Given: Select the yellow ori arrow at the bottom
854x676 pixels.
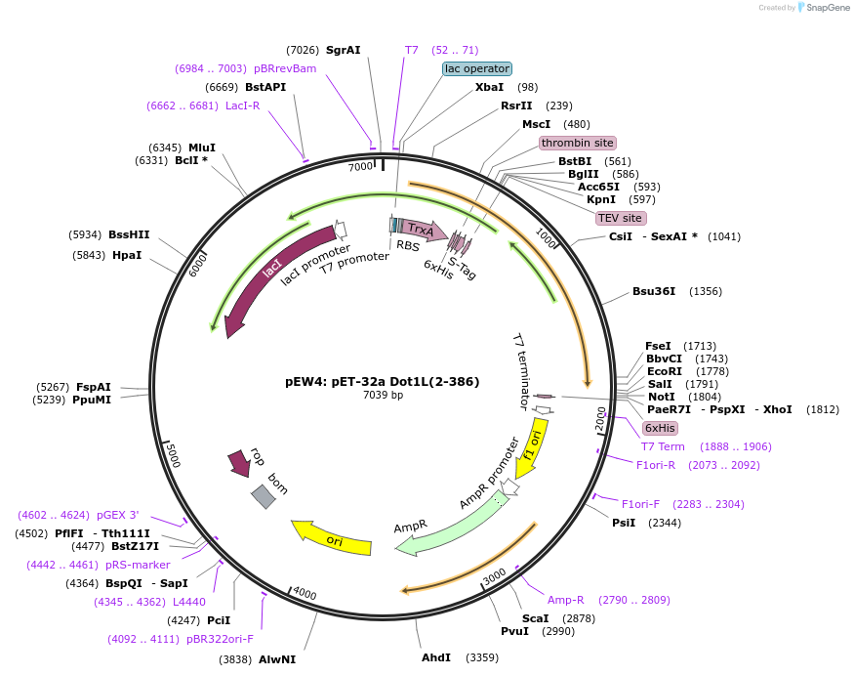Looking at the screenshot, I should point(332,539).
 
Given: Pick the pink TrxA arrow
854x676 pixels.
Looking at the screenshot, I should point(421,230).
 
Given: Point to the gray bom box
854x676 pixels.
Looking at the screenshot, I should point(264,496).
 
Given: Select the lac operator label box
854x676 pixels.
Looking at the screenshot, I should point(476,68).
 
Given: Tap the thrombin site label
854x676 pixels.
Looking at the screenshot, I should point(578,143).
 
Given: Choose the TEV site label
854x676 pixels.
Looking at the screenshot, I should point(620,218).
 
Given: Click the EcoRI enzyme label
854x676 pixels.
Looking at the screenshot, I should point(664,371).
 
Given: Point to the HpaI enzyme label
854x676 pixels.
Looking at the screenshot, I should point(127,255).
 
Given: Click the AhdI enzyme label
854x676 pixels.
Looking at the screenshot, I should point(435,657).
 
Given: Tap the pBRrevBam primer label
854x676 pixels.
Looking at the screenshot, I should point(285,68).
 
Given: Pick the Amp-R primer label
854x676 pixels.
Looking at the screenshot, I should point(565,600).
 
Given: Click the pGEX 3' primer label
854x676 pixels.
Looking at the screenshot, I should point(117,515).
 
